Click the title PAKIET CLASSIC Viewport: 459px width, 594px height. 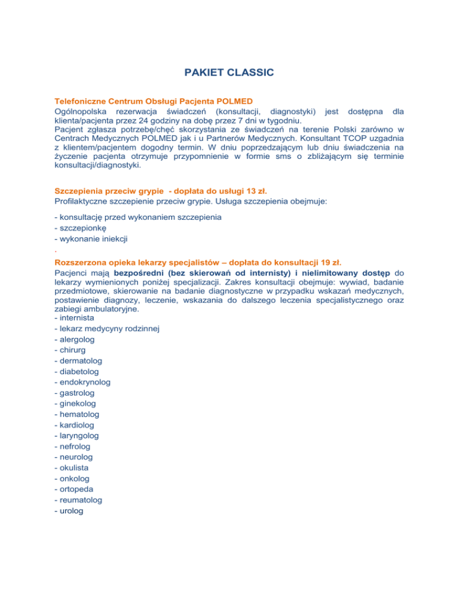pos(229,72)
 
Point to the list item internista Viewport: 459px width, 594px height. pos(77,319)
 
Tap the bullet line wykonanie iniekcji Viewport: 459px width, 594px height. pos(93,239)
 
